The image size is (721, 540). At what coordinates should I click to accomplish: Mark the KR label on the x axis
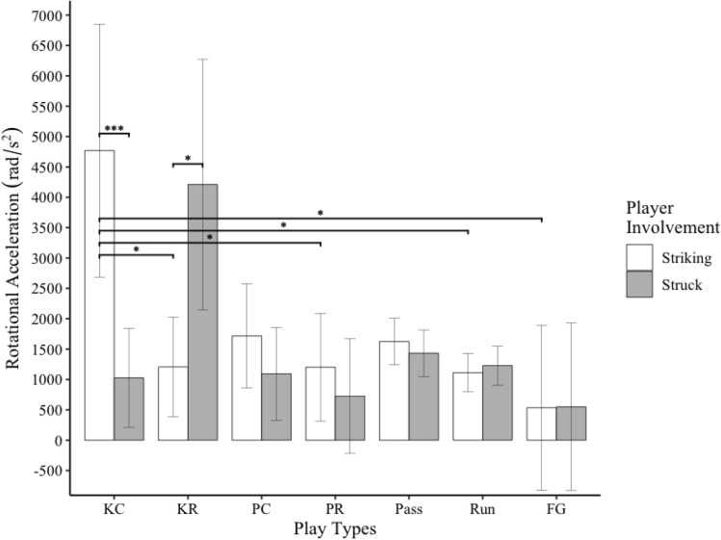point(188,505)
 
